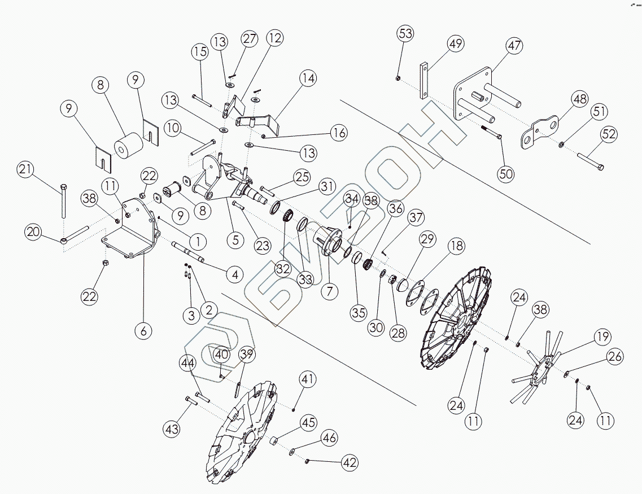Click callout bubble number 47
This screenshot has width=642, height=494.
(514, 46)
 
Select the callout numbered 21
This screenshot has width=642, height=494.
(25, 169)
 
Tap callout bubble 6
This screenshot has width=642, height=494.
(143, 331)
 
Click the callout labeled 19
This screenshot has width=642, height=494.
(602, 338)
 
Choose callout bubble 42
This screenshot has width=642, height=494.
(350, 462)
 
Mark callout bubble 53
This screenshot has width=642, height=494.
(406, 33)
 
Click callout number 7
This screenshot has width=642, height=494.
(329, 291)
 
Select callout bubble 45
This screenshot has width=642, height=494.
(308, 422)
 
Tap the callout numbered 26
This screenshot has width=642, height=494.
(615, 356)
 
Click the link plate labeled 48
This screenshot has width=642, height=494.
(541, 132)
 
